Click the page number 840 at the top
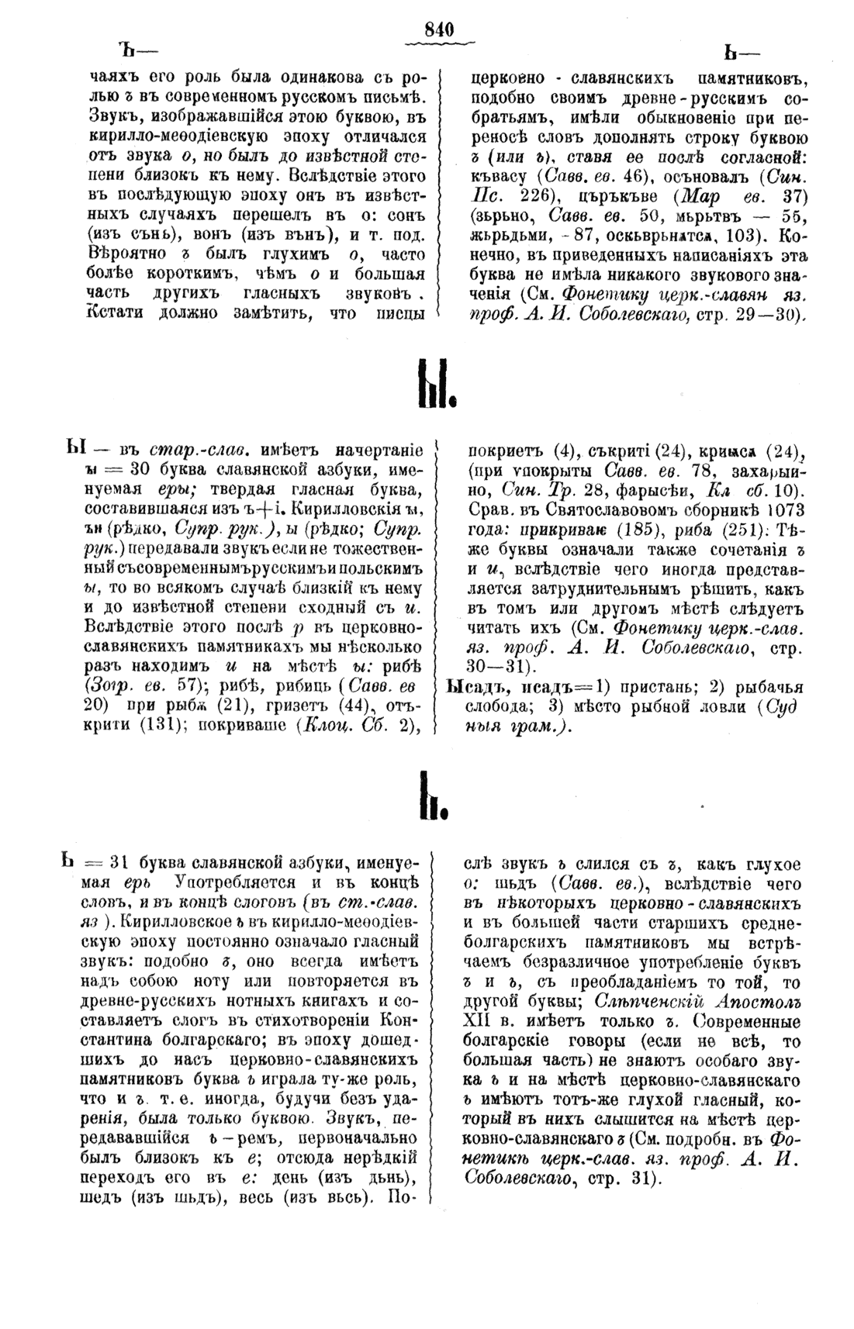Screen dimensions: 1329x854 click(438, 29)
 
